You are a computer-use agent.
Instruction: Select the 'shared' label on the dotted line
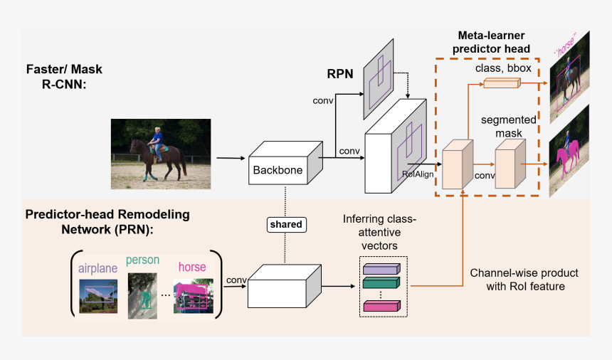pos(285,225)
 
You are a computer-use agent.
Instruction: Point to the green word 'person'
pos(142,260)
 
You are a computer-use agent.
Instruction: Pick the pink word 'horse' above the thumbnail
pos(191,268)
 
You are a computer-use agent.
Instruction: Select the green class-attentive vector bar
pos(382,283)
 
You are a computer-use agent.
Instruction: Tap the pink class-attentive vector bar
pos(382,306)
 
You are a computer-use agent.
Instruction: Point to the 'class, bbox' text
pos(503,68)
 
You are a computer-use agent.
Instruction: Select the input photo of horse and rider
pos(161,154)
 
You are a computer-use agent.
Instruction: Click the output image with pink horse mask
pos(569,149)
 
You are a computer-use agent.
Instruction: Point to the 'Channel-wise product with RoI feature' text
pos(524,280)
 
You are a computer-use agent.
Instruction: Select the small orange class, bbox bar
pos(502,84)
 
